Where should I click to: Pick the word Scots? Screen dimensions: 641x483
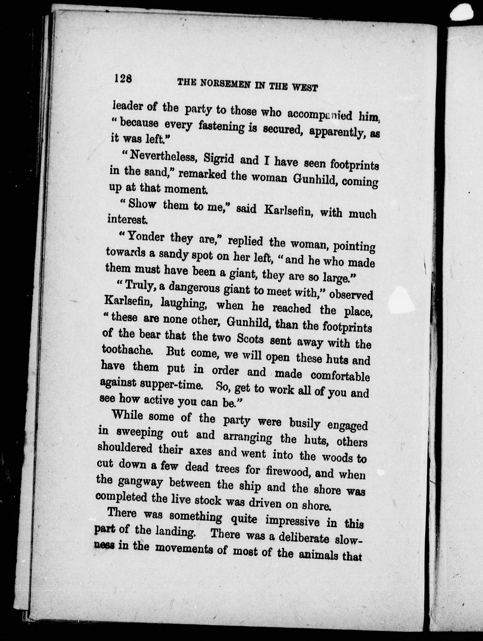pyautogui.click(x=250, y=339)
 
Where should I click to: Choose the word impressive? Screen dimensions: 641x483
pyautogui.click(x=292, y=521)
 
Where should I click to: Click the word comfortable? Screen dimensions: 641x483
pyautogui.click(x=340, y=376)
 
